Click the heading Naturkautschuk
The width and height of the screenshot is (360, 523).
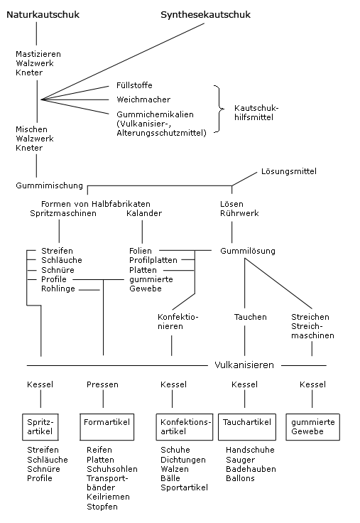point(43,15)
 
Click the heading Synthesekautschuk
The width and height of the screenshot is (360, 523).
point(205,15)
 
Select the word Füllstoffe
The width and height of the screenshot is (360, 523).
point(134,85)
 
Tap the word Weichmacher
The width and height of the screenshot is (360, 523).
point(143,99)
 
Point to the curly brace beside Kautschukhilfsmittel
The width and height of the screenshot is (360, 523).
point(219,109)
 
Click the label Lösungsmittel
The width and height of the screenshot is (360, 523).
point(289,171)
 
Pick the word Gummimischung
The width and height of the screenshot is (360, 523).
point(49,185)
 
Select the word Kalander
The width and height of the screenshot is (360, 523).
point(144,213)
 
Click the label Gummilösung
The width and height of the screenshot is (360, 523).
point(248,251)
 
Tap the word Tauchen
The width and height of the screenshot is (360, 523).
point(251,317)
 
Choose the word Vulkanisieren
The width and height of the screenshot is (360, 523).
point(244,365)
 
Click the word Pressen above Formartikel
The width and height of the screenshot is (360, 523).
point(102,384)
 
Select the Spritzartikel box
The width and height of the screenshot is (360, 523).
point(40,427)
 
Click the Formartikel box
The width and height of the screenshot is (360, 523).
point(107,427)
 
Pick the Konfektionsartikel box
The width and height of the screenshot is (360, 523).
point(185,427)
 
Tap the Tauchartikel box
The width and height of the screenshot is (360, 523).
point(247,427)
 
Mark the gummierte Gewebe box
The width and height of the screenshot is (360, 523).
point(312,427)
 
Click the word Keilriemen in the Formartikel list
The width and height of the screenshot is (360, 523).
point(108,497)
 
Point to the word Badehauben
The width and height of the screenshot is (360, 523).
point(251,469)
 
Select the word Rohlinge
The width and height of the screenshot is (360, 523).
point(58,289)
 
